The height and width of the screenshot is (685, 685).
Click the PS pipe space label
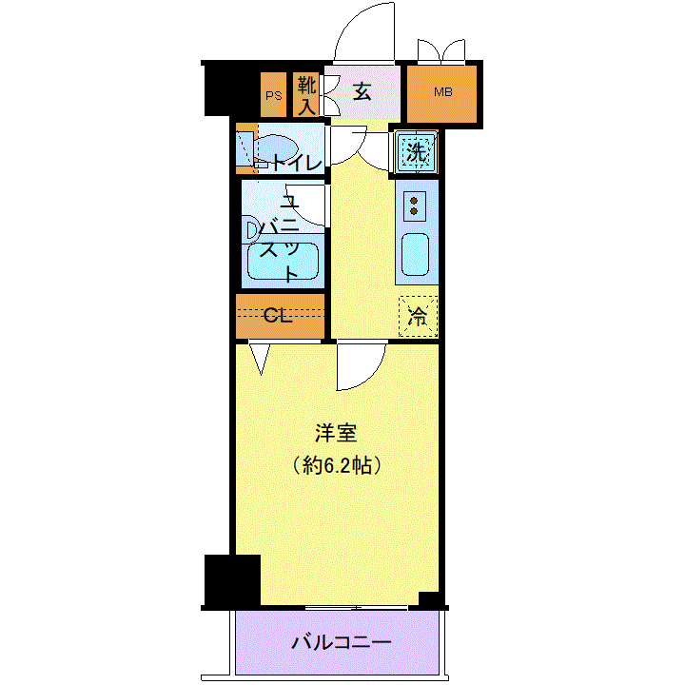(274, 95)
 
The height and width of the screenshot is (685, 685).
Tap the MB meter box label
(442, 92)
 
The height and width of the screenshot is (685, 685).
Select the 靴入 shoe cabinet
(305, 95)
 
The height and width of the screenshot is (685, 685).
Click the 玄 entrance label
(362, 92)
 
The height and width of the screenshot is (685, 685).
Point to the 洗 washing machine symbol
(416, 152)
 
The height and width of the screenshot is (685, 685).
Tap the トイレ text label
(298, 164)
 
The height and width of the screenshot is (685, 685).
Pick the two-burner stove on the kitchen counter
(414, 206)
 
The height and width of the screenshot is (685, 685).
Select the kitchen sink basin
(415, 254)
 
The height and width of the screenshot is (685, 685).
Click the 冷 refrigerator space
(418, 317)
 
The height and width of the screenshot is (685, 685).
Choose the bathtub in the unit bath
(283, 262)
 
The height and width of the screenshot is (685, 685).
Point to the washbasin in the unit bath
(252, 230)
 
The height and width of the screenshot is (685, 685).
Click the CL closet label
(278, 315)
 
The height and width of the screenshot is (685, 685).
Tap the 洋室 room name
(336, 433)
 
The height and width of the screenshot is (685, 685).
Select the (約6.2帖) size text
(336, 465)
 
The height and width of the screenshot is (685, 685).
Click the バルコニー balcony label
(342, 642)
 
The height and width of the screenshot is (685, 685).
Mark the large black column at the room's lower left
(232, 580)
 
